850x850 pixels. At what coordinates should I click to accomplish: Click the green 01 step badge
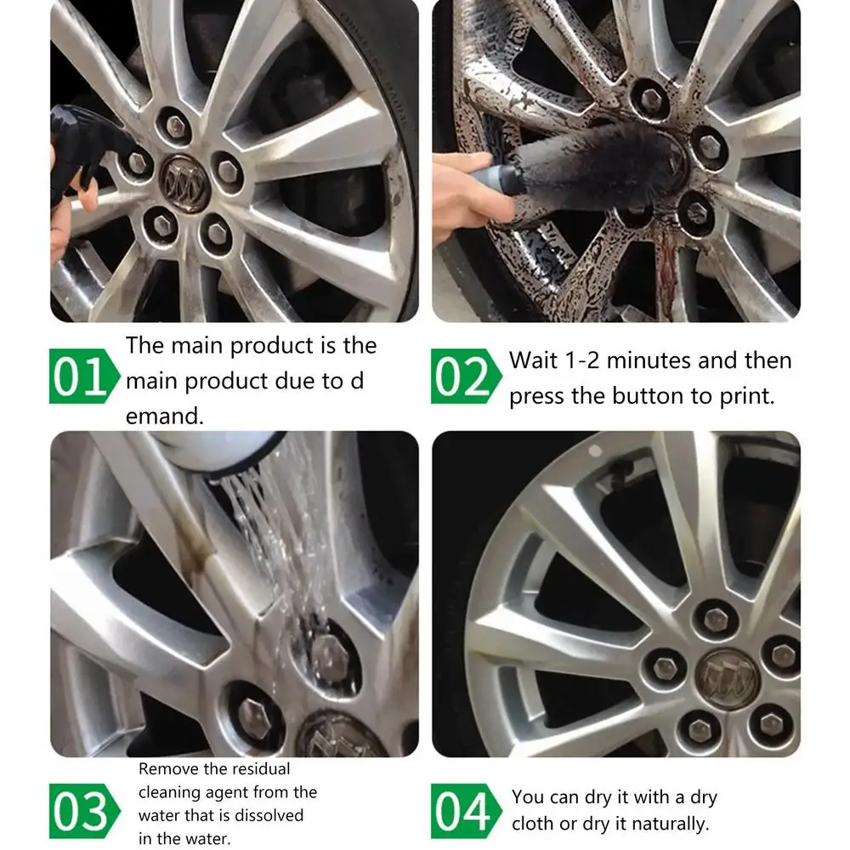(x=84, y=377)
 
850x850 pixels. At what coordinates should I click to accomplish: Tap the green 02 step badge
(x=466, y=377)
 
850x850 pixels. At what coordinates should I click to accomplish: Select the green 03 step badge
(x=84, y=811)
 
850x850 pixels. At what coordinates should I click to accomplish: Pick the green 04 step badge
(x=466, y=811)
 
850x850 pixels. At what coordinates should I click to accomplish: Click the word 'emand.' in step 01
(x=165, y=416)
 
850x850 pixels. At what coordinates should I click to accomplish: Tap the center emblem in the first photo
(x=184, y=183)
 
